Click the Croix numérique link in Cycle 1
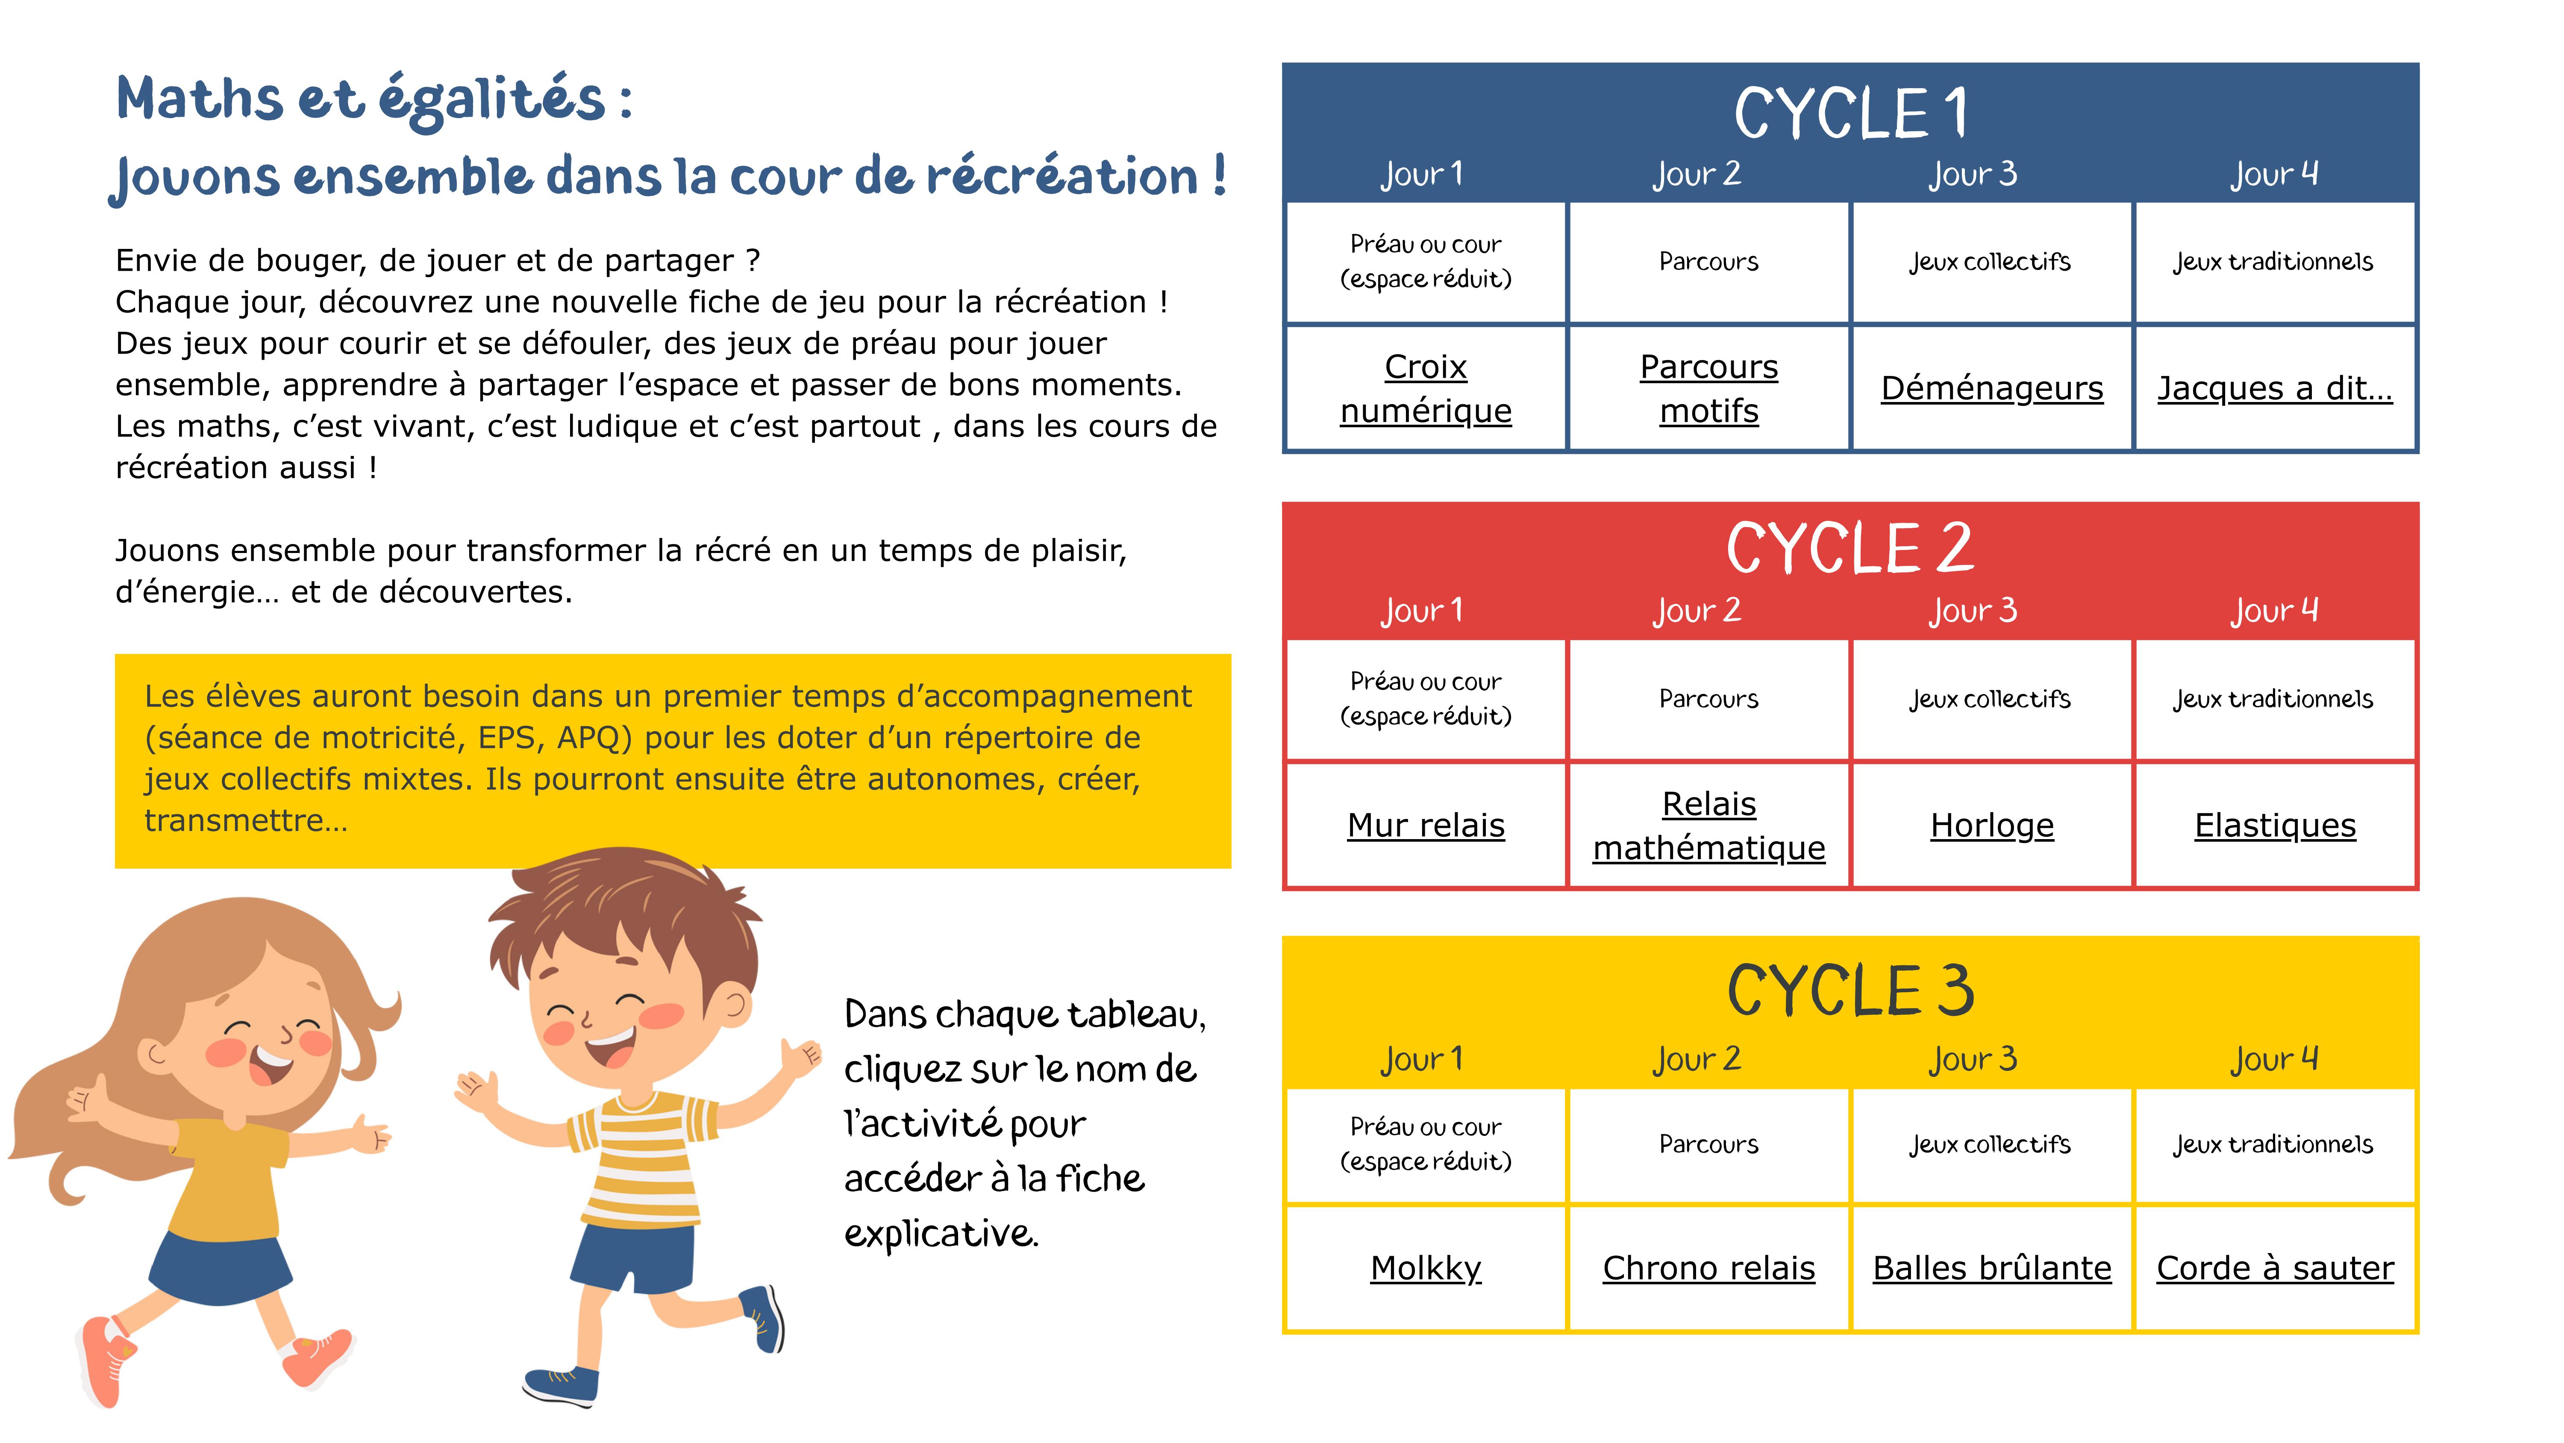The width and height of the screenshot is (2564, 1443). tap(1425, 388)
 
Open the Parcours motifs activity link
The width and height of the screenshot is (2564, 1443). tap(1708, 388)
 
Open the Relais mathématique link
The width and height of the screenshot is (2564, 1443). tap(1708, 825)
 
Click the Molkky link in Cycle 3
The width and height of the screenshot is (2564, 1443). tap(1425, 1268)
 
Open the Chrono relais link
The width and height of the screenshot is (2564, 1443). tap(1708, 1268)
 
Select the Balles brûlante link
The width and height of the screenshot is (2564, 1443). tap(1992, 1268)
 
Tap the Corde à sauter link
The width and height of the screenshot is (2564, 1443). tap(2274, 1268)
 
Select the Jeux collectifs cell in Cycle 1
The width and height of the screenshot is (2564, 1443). tap(1990, 262)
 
